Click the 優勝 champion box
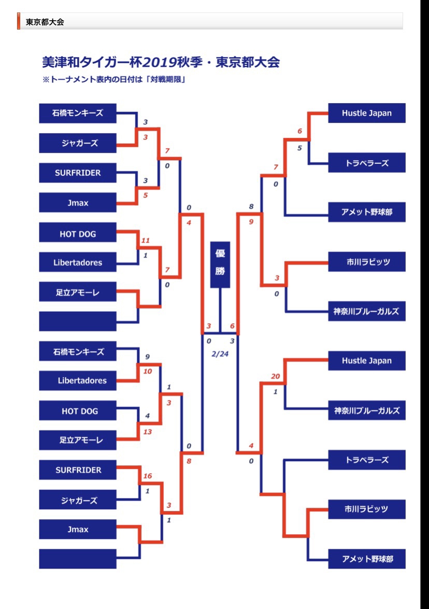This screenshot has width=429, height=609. [x=220, y=265]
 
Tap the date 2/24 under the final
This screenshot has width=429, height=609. [x=220, y=354]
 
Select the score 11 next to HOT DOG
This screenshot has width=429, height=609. [x=146, y=240]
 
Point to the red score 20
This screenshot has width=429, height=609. [x=276, y=376]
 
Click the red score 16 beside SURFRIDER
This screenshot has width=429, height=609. [x=147, y=476]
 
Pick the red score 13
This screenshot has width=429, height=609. [x=147, y=432]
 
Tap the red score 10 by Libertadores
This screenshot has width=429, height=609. [x=147, y=371]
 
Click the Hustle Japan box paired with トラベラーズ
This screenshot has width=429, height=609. [x=366, y=113]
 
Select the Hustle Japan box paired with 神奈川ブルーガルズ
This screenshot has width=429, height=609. [x=366, y=361]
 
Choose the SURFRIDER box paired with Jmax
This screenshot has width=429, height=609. [x=78, y=173]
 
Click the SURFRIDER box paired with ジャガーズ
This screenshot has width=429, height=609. [x=78, y=470]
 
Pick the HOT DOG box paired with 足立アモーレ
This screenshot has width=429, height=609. [x=78, y=410]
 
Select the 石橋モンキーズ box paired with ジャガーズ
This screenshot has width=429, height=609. [x=78, y=113]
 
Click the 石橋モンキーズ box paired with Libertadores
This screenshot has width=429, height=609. [x=78, y=352]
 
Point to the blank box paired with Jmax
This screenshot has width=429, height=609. [x=78, y=559]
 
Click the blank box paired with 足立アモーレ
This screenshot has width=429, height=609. [x=78, y=321]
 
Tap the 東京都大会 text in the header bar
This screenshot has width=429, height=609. [x=45, y=22]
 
